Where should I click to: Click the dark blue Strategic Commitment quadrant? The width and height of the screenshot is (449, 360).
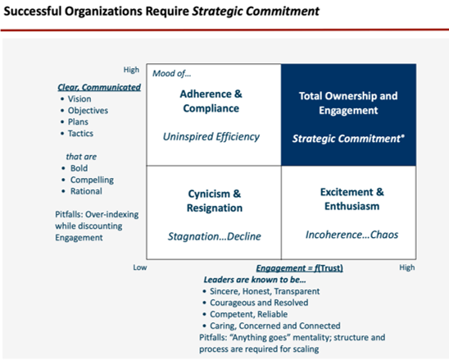click(x=348, y=115)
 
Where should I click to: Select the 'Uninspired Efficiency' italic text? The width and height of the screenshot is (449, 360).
click(x=211, y=137)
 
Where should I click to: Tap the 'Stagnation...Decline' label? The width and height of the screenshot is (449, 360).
click(x=214, y=236)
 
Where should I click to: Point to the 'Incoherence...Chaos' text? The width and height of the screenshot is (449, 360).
click(x=351, y=235)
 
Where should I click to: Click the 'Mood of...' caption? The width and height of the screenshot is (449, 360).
click(x=171, y=74)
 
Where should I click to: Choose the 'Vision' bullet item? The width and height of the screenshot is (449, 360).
click(x=79, y=99)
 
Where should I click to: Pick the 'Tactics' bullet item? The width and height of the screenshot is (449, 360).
click(x=80, y=134)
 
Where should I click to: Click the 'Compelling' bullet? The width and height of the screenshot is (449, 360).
click(x=92, y=180)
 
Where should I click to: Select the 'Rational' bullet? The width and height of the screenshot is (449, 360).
click(x=86, y=191)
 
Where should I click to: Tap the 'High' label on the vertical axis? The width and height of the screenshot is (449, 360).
click(x=131, y=70)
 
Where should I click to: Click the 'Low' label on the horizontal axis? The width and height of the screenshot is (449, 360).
click(x=140, y=267)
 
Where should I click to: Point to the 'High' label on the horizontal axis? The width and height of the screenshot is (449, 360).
click(x=407, y=267)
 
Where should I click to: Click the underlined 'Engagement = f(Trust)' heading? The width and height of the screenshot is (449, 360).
click(x=300, y=268)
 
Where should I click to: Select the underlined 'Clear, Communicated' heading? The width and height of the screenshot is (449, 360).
click(x=99, y=87)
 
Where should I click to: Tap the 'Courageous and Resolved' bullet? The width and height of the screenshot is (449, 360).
click(x=259, y=303)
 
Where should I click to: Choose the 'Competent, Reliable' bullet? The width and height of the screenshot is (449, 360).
click(x=248, y=314)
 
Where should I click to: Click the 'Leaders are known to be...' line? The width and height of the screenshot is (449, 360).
click(x=255, y=280)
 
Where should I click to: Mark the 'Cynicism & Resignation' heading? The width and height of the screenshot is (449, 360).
click(x=215, y=201)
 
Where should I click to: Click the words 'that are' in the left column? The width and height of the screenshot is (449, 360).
click(x=81, y=157)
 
